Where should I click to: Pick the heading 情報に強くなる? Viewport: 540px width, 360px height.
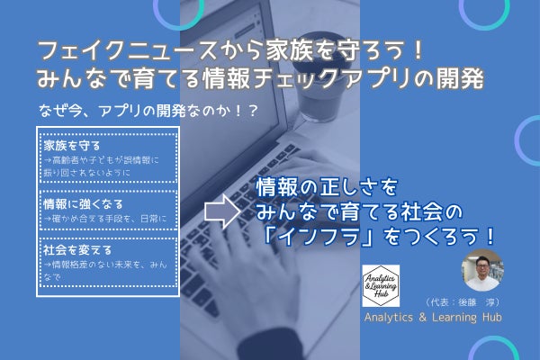(x=78, y=203)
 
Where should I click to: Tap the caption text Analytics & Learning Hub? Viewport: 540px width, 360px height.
(x=433, y=319)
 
